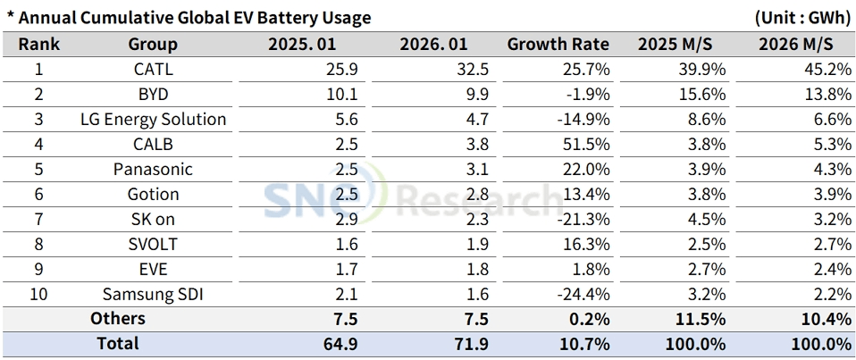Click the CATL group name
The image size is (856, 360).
tap(153, 69)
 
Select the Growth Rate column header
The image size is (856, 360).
tap(558, 44)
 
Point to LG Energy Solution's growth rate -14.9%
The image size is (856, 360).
tap(584, 119)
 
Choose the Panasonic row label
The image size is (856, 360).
tap(153, 169)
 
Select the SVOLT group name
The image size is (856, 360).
tap(153, 244)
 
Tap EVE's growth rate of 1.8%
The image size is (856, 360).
tap(592, 269)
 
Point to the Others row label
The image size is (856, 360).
tap(117, 319)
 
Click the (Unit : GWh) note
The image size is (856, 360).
tap(801, 18)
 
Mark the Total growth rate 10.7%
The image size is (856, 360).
tap(584, 343)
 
